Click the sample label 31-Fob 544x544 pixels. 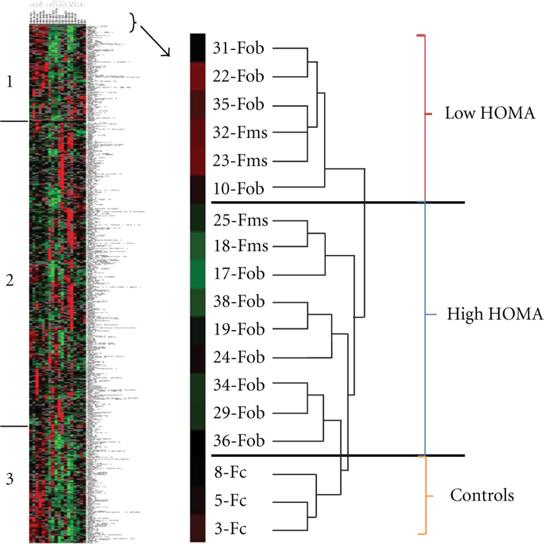coord(238,48)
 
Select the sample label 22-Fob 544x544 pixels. coord(238,76)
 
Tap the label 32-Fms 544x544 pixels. coord(240,133)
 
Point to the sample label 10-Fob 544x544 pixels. coord(238,189)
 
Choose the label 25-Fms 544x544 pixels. coord(241,221)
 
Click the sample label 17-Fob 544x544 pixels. coord(239,274)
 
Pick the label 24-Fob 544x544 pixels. coord(239,357)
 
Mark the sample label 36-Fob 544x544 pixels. coord(239,441)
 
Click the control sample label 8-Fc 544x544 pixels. coord(230,473)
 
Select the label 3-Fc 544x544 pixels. coord(230,529)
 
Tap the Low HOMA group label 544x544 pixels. coord(490,113)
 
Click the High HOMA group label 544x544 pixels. coord(495,314)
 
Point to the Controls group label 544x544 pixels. coord(482,496)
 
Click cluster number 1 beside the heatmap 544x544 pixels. coord(10,82)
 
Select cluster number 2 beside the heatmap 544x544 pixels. coord(10,280)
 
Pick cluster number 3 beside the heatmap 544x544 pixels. coord(10,479)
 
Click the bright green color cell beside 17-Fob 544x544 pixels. coord(198,275)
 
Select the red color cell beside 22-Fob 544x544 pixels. coord(198,76)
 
